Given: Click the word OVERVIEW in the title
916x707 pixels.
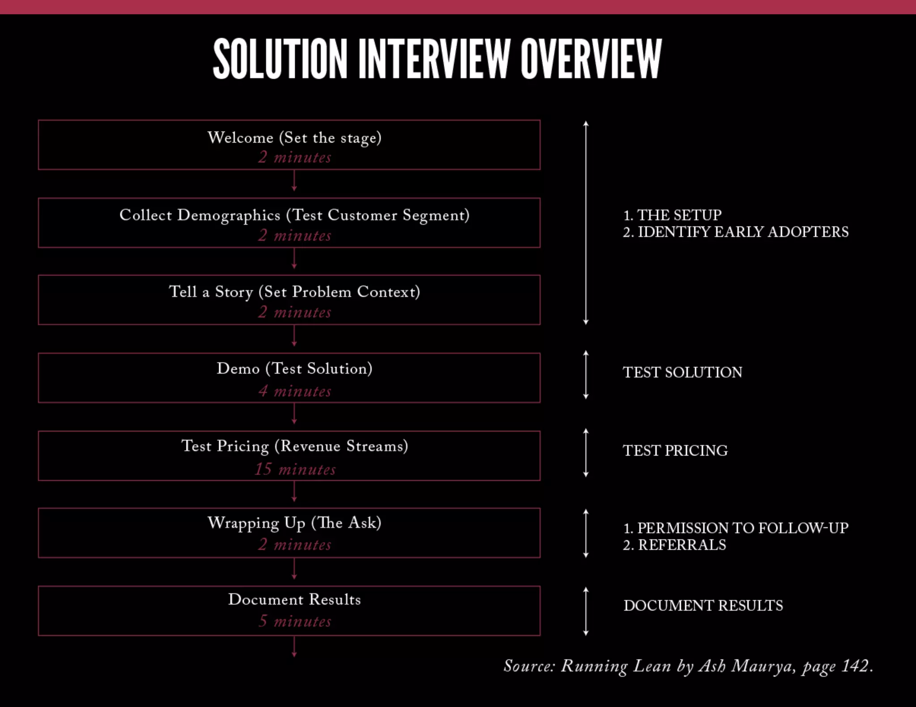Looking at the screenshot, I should [x=591, y=59].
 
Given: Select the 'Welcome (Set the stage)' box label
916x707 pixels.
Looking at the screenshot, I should [x=294, y=138].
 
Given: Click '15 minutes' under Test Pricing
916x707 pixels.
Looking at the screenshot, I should [x=295, y=469].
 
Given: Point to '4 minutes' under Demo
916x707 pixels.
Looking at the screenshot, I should [x=295, y=391].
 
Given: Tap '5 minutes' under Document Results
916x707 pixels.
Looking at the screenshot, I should [x=295, y=621].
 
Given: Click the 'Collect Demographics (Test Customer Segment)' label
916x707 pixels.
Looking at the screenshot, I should [x=294, y=215].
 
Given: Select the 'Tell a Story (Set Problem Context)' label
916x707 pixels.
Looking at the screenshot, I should [x=294, y=292].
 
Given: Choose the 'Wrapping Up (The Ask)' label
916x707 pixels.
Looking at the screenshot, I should [x=294, y=523].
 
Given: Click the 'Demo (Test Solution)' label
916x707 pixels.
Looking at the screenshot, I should [x=294, y=369].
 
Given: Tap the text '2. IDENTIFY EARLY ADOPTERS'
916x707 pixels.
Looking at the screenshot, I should [x=735, y=232].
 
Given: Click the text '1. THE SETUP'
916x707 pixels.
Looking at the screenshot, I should [x=672, y=215].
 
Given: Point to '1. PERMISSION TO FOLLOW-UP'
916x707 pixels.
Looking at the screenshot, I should [x=735, y=528].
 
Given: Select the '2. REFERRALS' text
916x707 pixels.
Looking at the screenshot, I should [x=674, y=545].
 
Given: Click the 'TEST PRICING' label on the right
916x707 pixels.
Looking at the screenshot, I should [x=675, y=450].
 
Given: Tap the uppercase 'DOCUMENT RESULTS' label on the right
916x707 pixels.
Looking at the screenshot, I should [x=703, y=606].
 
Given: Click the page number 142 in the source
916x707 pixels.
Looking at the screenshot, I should [x=855, y=666].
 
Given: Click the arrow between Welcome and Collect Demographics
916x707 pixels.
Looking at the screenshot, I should [x=294, y=181].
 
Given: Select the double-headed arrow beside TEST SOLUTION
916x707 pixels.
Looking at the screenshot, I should [x=586, y=375].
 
